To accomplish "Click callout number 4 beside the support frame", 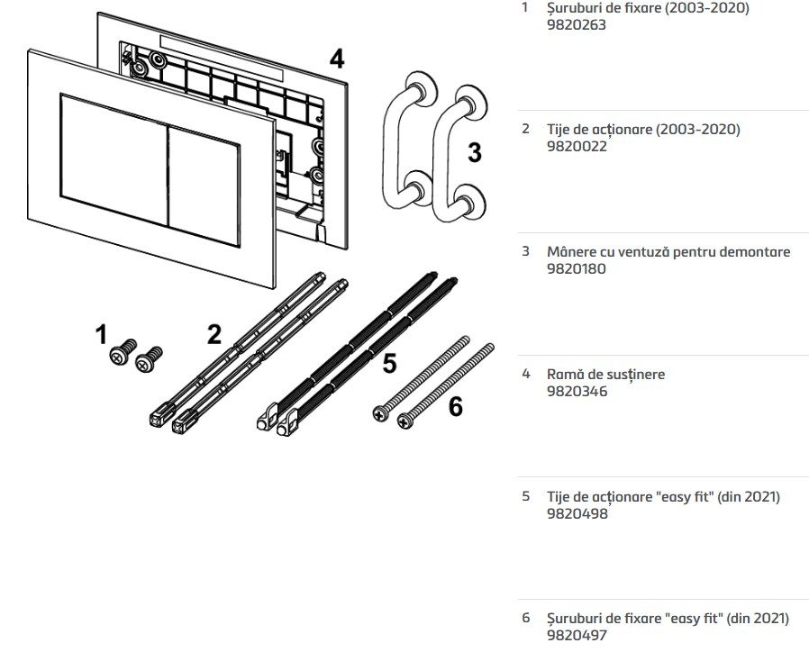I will pyautogui.click(x=336, y=59).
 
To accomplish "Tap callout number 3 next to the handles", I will pyautogui.click(x=475, y=153).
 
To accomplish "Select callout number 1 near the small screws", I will pyautogui.click(x=101, y=336).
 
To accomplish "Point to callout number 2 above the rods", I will pyautogui.click(x=214, y=334).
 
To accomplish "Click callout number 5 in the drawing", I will pyautogui.click(x=388, y=363).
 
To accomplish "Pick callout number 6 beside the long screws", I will pyautogui.click(x=456, y=407).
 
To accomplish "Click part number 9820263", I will pyautogui.click(x=577, y=25).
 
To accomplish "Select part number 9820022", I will pyautogui.click(x=577, y=146).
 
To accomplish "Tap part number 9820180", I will pyautogui.click(x=577, y=268).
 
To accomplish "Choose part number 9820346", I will pyautogui.click(x=577, y=391).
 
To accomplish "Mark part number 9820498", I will pyautogui.click(x=577, y=513).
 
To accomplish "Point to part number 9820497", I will pyautogui.click(x=577, y=635).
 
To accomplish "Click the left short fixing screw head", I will pyautogui.click(x=119, y=357).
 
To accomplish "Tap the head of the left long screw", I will pyautogui.click(x=380, y=413).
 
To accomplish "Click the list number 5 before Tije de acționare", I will pyautogui.click(x=526, y=496).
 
